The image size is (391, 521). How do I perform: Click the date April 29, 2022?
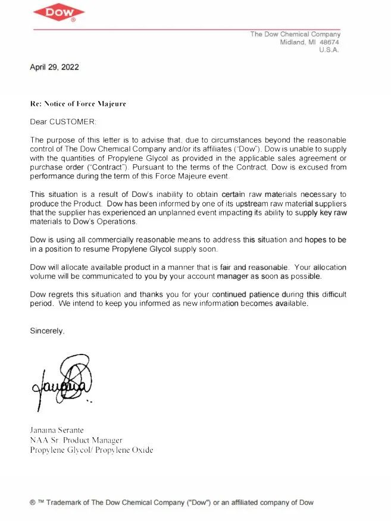[x=54, y=67]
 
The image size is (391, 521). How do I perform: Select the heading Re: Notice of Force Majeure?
[x=78, y=103]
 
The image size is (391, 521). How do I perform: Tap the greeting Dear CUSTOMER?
[x=62, y=121]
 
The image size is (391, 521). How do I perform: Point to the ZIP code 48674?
[x=329, y=42]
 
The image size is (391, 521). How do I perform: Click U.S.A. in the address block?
[x=329, y=50]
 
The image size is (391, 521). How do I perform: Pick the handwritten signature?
[x=62, y=381]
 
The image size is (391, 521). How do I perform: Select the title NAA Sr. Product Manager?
[x=76, y=440]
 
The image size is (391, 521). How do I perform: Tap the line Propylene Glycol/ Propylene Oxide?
[x=91, y=450]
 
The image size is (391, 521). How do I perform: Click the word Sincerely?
[x=47, y=331]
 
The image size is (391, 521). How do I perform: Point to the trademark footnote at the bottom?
[x=171, y=503]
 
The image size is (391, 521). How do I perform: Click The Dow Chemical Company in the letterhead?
[x=295, y=34]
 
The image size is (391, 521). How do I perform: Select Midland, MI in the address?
[x=298, y=42]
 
